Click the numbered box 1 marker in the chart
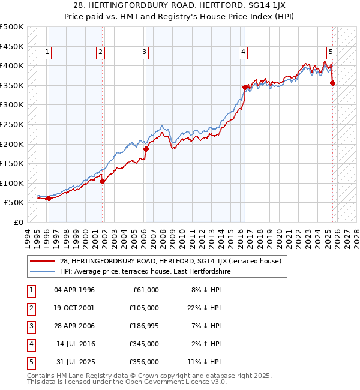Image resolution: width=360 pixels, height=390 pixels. [x=47, y=53]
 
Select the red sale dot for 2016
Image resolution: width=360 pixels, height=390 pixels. [x=245, y=87]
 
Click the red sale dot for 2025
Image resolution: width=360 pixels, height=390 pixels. [x=333, y=83]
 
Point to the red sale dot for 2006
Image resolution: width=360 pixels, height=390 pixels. [x=146, y=149]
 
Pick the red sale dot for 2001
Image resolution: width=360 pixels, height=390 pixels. [x=102, y=181]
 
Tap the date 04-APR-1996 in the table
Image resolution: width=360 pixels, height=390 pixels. [x=74, y=290]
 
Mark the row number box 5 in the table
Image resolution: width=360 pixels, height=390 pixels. [x=30, y=362]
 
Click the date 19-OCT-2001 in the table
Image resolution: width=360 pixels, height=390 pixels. [x=74, y=308]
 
